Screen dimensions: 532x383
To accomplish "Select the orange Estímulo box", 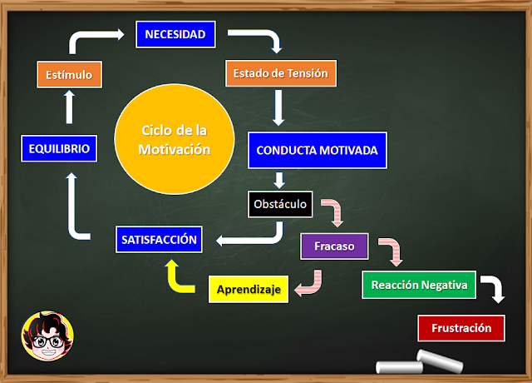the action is click(x=70, y=74).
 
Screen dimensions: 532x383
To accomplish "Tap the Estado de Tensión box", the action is click(x=280, y=73).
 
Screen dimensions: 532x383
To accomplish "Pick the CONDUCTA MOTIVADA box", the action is click(x=317, y=151).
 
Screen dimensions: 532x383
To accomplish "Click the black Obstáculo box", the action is click(x=280, y=203).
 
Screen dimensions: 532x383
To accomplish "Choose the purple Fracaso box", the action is click(x=334, y=246).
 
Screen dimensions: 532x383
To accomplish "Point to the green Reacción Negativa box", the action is click(x=418, y=285).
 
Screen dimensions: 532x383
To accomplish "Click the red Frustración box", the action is click(x=461, y=327).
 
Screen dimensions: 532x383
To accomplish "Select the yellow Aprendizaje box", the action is click(x=249, y=290).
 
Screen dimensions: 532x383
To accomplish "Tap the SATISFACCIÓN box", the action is click(x=158, y=241).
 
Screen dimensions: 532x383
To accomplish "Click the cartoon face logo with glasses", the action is click(x=46, y=336).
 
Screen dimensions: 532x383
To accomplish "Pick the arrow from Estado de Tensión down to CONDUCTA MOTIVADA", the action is click(x=279, y=107).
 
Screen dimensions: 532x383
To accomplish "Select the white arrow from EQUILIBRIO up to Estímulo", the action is click(x=70, y=105).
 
